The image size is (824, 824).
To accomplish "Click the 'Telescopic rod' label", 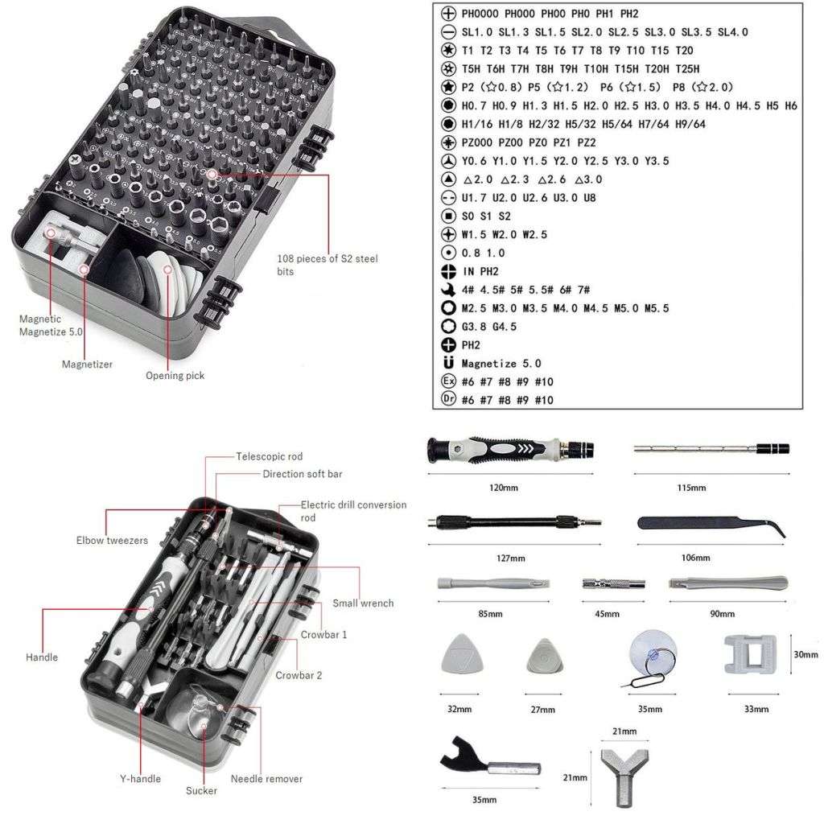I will pyautogui.click(x=269, y=456).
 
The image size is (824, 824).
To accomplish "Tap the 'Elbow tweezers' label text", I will pyautogui.click(x=112, y=541).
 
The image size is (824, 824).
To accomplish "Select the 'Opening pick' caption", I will pyautogui.click(x=175, y=376).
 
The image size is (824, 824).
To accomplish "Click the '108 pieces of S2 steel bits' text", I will pyautogui.click(x=326, y=265).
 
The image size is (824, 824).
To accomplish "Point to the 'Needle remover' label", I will pyautogui.click(x=266, y=779).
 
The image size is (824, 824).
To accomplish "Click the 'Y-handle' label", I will pyautogui.click(x=140, y=778).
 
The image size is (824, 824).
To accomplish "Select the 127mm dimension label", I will pyautogui.click(x=511, y=558).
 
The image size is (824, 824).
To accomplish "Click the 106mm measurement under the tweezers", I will pyautogui.click(x=697, y=558).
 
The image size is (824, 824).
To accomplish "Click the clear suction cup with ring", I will pyautogui.click(x=651, y=657).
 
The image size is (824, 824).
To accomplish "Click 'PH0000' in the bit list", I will pyautogui.click(x=480, y=14).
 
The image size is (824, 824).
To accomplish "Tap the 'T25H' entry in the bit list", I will pyautogui.click(x=686, y=69).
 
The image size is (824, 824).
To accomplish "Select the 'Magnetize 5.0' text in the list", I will pyautogui.click(x=501, y=364).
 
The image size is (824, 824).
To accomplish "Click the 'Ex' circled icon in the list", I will pyautogui.click(x=449, y=381).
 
